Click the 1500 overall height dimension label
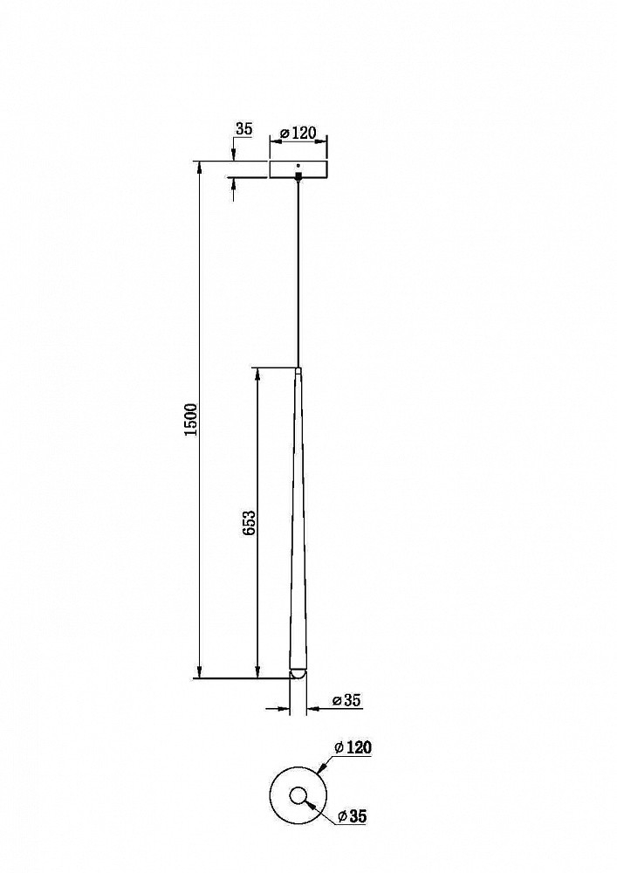coord(190,420)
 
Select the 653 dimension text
coord(250,523)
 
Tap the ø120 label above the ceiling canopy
coord(298,133)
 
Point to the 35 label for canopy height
coord(243,129)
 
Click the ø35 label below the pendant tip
coord(346,700)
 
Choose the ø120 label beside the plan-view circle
coord(353,747)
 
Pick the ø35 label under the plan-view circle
coord(353,816)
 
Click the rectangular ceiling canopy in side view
coord(298,170)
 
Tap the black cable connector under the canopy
coord(298,176)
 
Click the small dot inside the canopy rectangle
coord(298,165)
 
